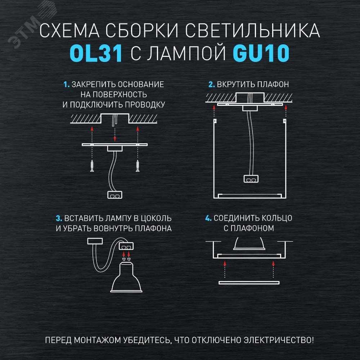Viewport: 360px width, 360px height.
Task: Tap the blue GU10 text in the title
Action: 261,53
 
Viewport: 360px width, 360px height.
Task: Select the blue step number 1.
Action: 66,85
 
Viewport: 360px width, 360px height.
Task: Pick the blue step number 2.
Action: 212,85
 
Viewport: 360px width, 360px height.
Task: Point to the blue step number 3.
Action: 59,219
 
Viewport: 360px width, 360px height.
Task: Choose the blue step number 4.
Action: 208,219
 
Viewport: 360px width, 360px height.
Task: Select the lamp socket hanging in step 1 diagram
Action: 115,195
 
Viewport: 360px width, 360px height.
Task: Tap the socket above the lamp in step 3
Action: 126,246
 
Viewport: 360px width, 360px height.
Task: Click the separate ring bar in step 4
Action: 249,283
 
